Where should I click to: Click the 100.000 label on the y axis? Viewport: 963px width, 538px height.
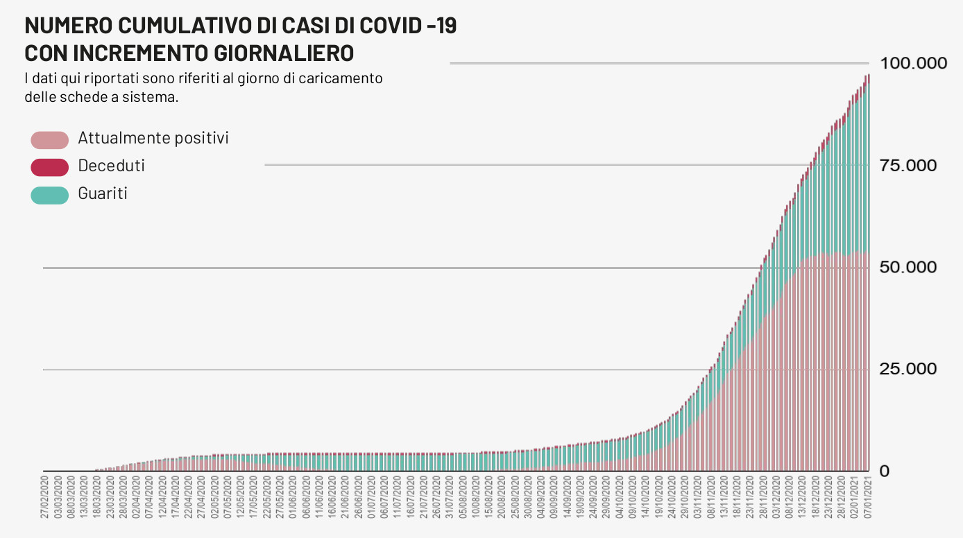pyautogui.click(x=912, y=63)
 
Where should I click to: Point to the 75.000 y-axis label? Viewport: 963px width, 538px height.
pyautogui.click(x=909, y=165)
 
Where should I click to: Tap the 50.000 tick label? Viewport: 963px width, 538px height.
pyautogui.click(x=909, y=267)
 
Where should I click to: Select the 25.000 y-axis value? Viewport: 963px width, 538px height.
pyautogui.click(x=909, y=369)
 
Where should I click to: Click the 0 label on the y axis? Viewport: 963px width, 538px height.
pyautogui.click(x=884, y=471)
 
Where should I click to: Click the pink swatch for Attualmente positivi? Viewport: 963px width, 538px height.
pyautogui.click(x=50, y=139)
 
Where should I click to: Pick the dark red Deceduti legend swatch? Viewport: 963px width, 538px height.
pyautogui.click(x=50, y=167)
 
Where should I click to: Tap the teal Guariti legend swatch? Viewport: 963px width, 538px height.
pyautogui.click(x=50, y=195)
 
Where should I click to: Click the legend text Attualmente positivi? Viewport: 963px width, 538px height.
pyautogui.click(x=153, y=138)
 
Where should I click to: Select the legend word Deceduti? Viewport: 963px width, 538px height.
pyautogui.click(x=111, y=166)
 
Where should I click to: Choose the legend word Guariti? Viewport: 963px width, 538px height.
pyautogui.click(x=103, y=193)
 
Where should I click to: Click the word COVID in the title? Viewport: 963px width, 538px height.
pyautogui.click(x=387, y=26)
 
